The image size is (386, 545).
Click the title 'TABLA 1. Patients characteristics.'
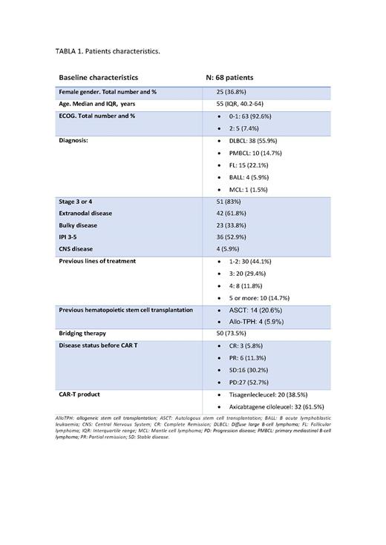tap(108, 51)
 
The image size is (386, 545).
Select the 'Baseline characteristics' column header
tap(98, 77)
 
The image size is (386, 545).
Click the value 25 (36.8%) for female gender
tap(230, 91)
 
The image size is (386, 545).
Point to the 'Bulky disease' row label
tap(79, 225)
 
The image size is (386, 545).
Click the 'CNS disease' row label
tap(77, 249)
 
